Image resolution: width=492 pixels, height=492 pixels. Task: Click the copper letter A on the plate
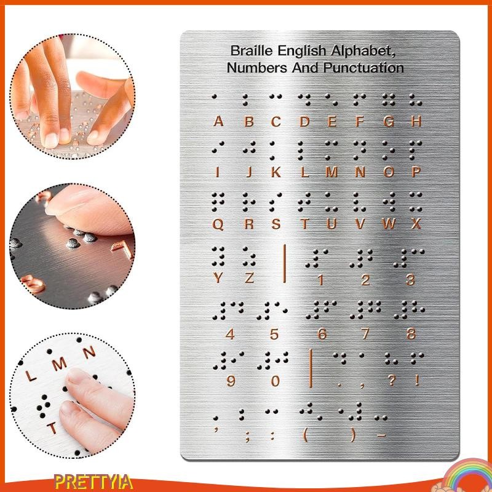(x=218, y=122)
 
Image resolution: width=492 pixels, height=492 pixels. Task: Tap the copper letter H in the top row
(x=416, y=122)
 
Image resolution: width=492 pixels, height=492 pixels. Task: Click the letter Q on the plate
(x=218, y=224)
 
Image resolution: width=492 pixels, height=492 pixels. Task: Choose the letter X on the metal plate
(x=416, y=224)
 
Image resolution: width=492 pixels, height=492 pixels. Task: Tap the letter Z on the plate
(x=249, y=277)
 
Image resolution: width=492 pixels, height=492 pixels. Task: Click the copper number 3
(x=410, y=280)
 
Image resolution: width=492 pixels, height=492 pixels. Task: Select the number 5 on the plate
(x=274, y=335)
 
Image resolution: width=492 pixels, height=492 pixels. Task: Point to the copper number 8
(x=411, y=335)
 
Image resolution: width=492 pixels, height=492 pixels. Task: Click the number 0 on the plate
(x=276, y=381)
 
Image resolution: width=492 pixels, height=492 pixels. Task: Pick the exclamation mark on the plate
(x=418, y=381)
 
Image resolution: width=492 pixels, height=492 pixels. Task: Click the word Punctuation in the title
(x=365, y=68)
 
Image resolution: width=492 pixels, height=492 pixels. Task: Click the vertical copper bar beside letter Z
(x=285, y=263)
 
